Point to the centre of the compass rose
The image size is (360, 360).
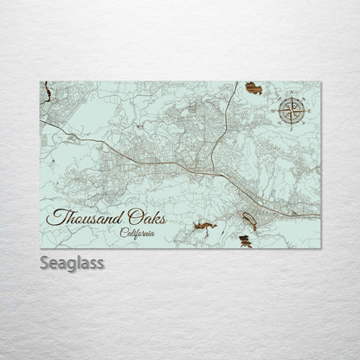[292, 111]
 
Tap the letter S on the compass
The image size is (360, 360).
[292, 125]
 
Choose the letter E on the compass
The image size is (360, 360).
[305, 111]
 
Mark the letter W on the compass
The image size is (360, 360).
[278, 111]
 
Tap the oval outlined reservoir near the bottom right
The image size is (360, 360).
[247, 221]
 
